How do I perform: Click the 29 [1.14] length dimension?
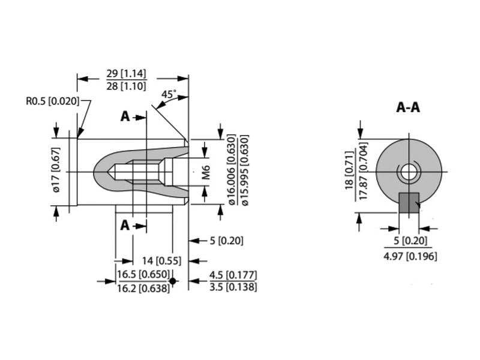pyautogui.click(x=126, y=74)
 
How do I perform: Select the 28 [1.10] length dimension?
pyautogui.click(x=126, y=86)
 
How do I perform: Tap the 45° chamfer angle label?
pyautogui.click(x=169, y=94)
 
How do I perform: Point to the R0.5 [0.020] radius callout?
pyautogui.click(x=52, y=101)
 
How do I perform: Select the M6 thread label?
pyautogui.click(x=206, y=172)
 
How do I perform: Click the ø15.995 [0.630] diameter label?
pyautogui.click(x=244, y=170)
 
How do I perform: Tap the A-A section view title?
pyautogui.click(x=408, y=108)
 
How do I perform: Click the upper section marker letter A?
pyautogui.click(x=125, y=116)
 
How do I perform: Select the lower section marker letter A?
pyautogui.click(x=125, y=225)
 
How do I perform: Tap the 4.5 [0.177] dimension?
pyautogui.click(x=233, y=275)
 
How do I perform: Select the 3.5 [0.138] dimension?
pyautogui.click(x=233, y=287)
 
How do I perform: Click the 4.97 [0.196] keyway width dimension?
pyautogui.click(x=410, y=256)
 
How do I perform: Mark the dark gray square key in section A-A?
pyautogui.click(x=409, y=203)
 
